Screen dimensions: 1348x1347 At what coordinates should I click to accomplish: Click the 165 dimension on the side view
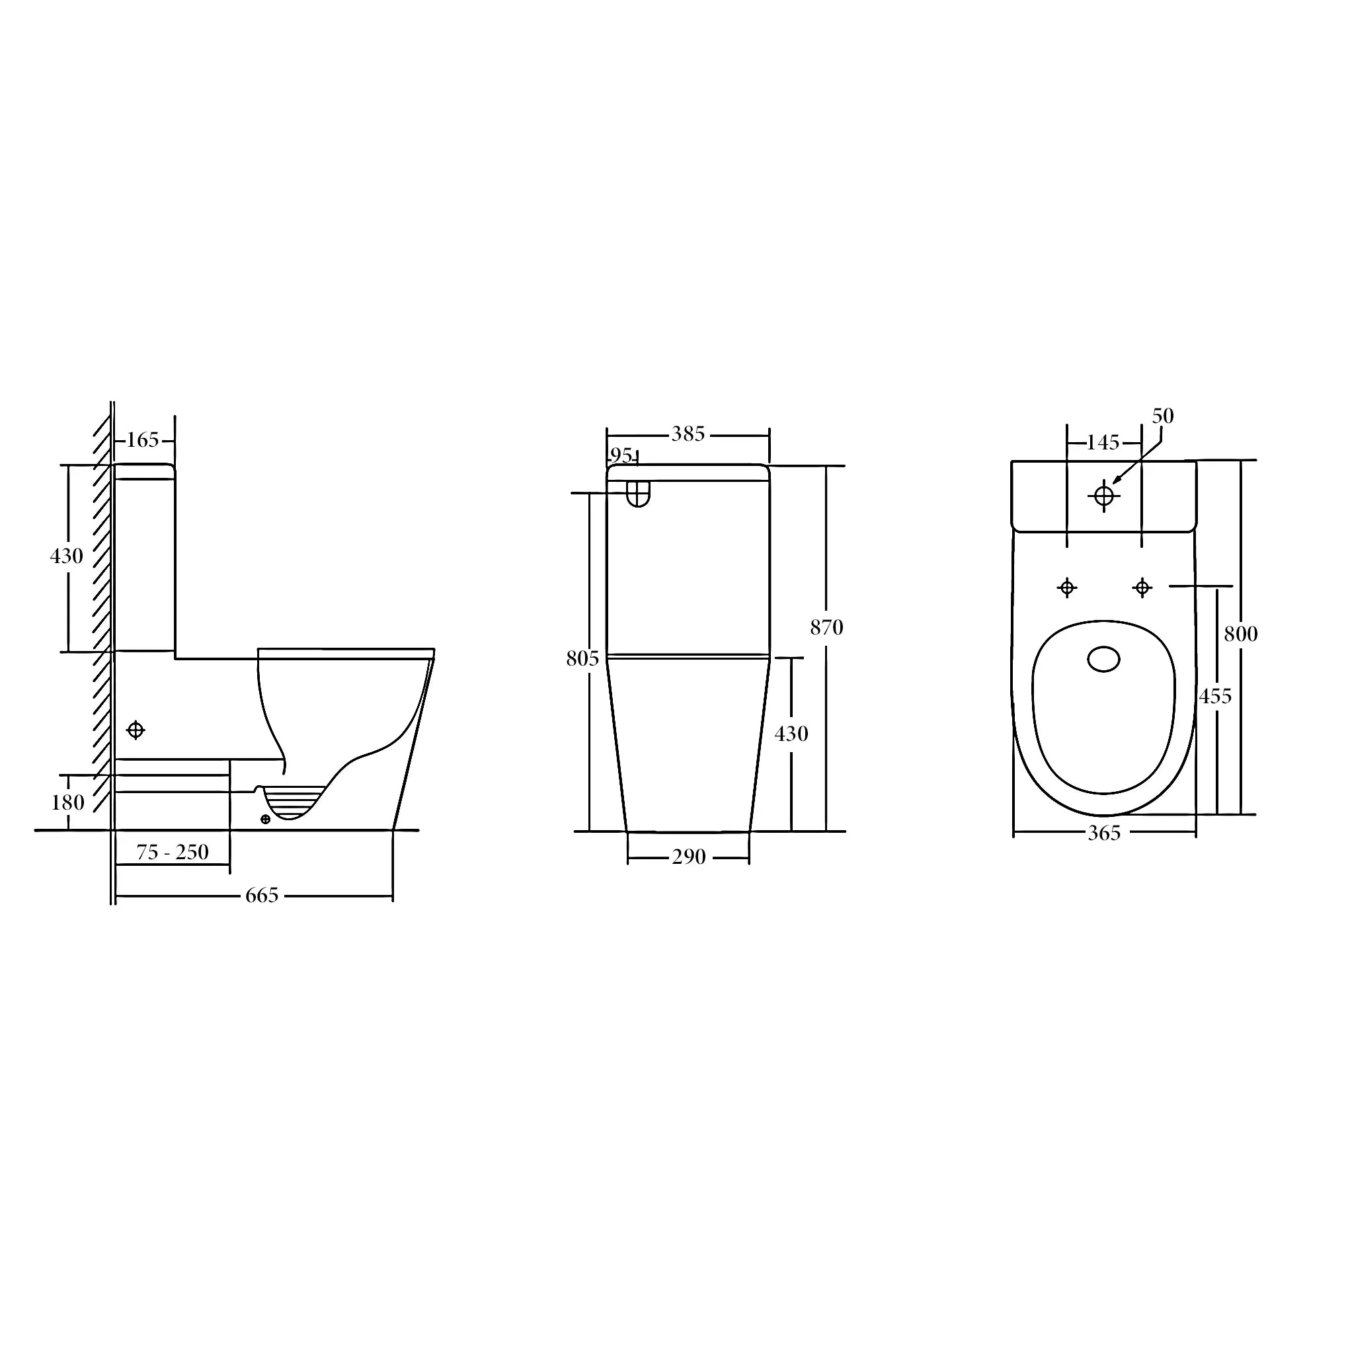pos(142,440)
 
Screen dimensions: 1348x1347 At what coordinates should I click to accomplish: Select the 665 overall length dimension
pos(262,895)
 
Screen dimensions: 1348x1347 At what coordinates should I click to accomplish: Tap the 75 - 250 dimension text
pos(173,853)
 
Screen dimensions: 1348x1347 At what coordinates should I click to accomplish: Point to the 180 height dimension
pos(67,802)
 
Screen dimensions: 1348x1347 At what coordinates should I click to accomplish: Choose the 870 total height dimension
pos(827,628)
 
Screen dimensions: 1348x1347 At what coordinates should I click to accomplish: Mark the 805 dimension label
pos(582,658)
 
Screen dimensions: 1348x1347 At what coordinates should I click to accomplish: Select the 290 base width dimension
pos(689,857)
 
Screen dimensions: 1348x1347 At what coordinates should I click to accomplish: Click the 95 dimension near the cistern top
pos(621,455)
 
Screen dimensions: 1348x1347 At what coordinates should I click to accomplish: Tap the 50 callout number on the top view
pos(1163,416)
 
